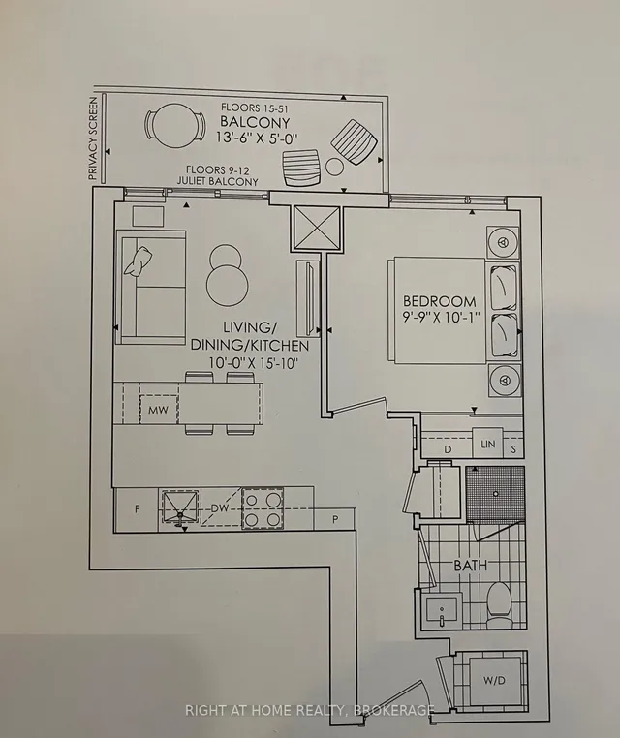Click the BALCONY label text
pos(255,122)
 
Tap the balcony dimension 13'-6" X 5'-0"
pos(258,138)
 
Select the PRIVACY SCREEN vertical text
pos(93,138)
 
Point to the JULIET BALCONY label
pos(217,181)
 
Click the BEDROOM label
pos(439,301)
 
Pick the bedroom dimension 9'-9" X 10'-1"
pos(440,317)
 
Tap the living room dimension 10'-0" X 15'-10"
pos(255,363)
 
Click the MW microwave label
pos(158,410)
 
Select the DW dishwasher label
pos(219,508)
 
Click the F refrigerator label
pos(137,508)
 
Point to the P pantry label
pos(335,520)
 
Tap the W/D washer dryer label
pos(494,680)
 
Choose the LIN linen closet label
pos(487,444)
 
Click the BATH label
pos(470,565)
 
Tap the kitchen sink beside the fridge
pos(180,507)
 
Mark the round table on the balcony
pos(174,125)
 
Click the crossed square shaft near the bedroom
pos(317,228)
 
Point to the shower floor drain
pos(495,493)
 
